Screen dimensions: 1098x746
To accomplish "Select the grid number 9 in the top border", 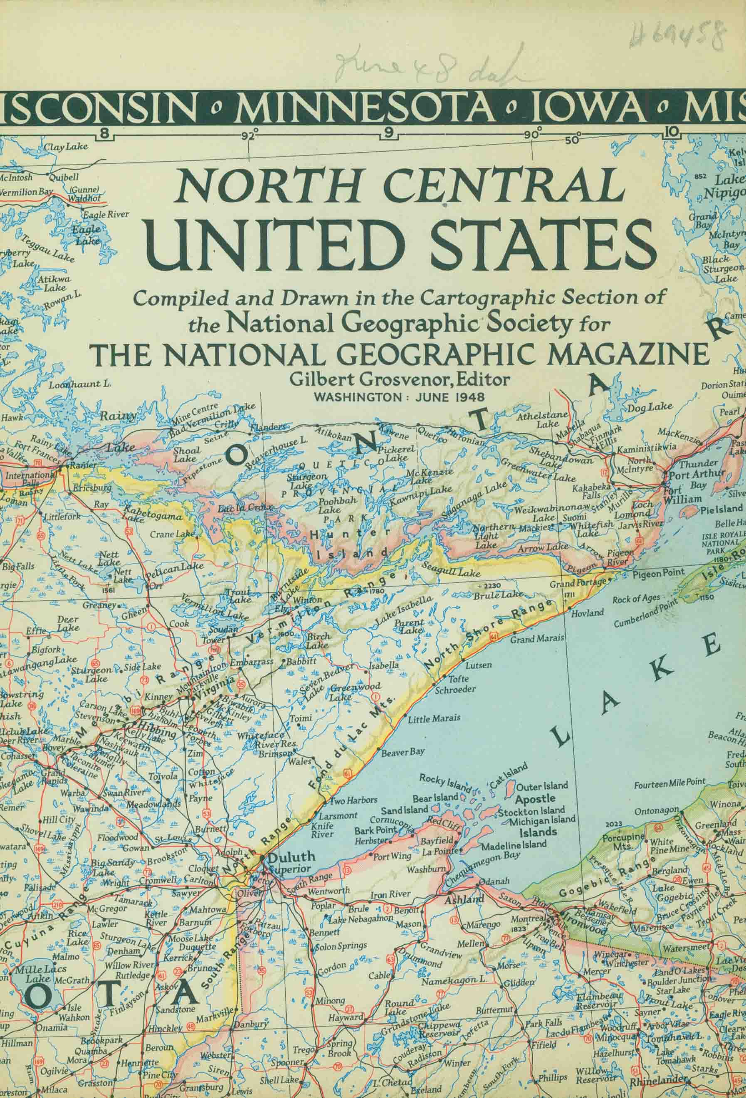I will click(x=389, y=134).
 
